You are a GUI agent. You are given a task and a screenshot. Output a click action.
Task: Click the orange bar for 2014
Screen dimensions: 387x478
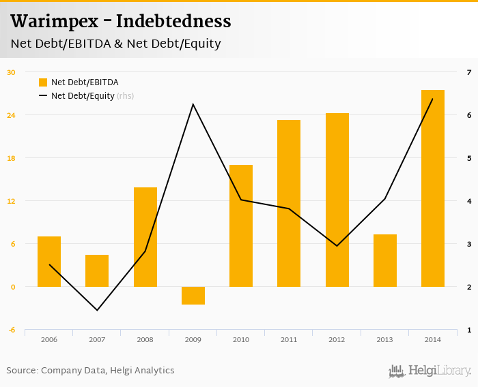point(433,188)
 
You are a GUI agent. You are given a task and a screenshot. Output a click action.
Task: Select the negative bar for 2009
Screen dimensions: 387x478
point(193,295)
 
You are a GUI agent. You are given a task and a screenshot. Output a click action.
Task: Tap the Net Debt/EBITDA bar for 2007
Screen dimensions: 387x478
point(97,270)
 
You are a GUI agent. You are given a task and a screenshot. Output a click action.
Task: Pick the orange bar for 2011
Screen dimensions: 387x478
point(289,203)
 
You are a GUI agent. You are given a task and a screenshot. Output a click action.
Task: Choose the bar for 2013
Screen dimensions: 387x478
point(385,260)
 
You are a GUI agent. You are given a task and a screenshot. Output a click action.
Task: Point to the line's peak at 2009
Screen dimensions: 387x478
point(193,104)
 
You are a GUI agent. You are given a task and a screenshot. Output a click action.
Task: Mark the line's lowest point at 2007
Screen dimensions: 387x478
point(97,310)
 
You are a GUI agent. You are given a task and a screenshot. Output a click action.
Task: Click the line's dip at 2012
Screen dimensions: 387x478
point(337,245)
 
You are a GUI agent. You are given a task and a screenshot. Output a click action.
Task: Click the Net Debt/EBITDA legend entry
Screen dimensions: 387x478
point(84,82)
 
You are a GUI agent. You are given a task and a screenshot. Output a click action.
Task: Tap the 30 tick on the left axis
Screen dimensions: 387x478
point(11,72)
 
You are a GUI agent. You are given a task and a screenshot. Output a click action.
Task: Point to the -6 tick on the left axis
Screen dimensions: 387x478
point(11,330)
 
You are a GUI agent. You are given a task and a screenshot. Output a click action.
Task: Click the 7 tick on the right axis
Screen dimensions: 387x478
point(468,72)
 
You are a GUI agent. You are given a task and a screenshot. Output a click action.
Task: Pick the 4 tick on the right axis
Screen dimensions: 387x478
point(468,201)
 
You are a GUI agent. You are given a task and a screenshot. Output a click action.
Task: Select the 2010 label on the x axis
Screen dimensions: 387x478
point(241,339)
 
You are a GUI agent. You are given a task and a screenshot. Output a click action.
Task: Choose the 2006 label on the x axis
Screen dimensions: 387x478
point(49,339)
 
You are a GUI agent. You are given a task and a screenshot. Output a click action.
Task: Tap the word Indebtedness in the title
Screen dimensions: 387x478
point(173,22)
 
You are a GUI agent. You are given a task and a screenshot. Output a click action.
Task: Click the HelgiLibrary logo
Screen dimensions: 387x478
point(430,371)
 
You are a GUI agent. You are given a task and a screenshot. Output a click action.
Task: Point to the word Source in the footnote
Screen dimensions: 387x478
point(21,371)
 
